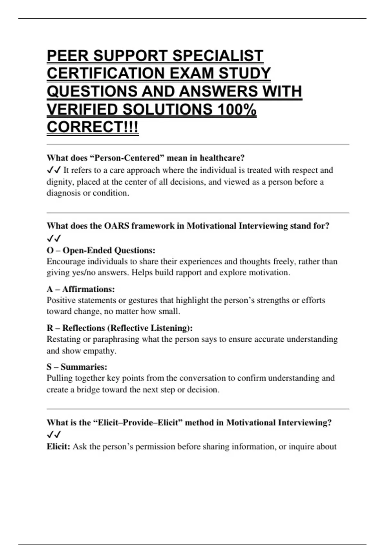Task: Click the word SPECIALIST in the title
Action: (218, 56)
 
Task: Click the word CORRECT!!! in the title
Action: (93, 127)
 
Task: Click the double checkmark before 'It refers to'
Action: (54, 170)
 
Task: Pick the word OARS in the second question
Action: (116, 226)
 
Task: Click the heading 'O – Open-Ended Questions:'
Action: (101, 250)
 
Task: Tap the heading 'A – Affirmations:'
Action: (81, 289)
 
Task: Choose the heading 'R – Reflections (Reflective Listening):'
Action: (120, 328)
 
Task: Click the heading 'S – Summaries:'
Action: (77, 367)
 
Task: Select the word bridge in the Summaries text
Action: (88, 390)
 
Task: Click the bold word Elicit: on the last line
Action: (58, 447)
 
